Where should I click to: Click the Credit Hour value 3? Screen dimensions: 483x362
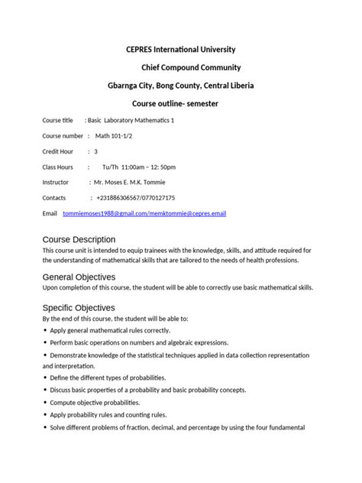95,151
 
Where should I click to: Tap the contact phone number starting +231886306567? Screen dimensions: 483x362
137,198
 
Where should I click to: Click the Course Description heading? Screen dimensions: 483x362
79,239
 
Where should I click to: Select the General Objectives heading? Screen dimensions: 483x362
79,276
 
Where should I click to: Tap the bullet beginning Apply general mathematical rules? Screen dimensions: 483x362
110,330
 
